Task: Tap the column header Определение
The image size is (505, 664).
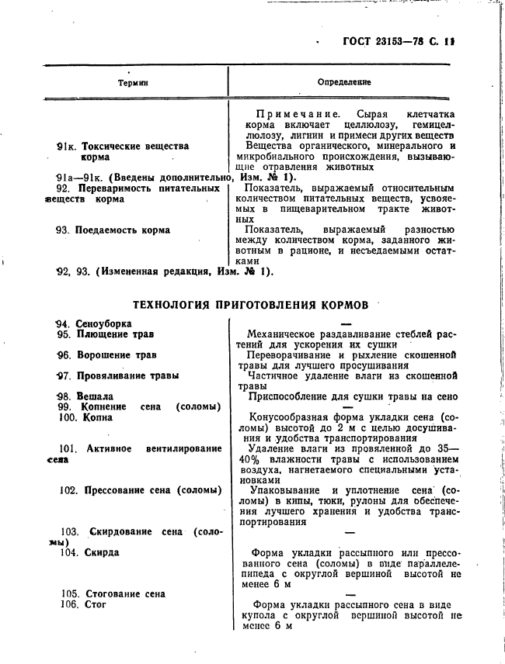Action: (x=344, y=81)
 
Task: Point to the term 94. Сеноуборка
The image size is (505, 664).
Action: (x=93, y=323)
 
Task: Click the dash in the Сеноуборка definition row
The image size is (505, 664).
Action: (x=347, y=323)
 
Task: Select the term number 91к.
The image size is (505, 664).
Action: (x=68, y=146)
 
